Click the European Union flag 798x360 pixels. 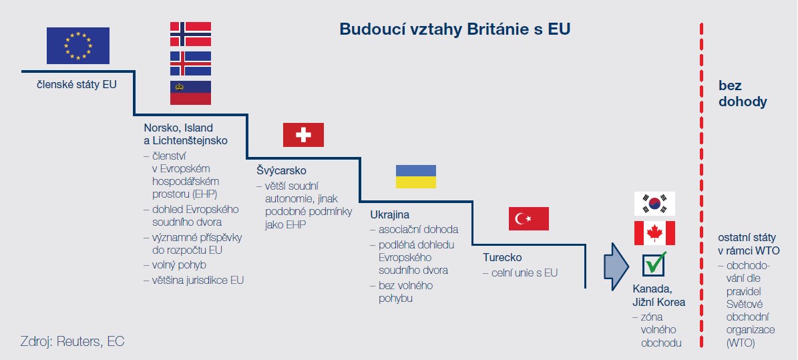(78, 46)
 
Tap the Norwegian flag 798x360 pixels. (190, 34)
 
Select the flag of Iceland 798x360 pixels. (190, 63)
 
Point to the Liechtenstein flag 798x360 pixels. (190, 93)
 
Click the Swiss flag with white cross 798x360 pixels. (303, 135)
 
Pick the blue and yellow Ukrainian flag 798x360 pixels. (416, 177)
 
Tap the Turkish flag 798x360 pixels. (529, 218)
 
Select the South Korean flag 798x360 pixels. (654, 204)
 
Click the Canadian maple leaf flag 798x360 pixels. (654, 233)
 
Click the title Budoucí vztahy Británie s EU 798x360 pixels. (455, 29)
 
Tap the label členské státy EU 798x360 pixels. (76, 85)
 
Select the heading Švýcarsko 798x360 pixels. (281, 170)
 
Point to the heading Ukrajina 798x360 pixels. (390, 215)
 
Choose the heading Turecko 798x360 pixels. (502, 258)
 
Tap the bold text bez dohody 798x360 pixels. (743, 94)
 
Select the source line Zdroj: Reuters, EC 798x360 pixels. (72, 341)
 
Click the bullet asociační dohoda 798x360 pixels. (414, 230)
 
